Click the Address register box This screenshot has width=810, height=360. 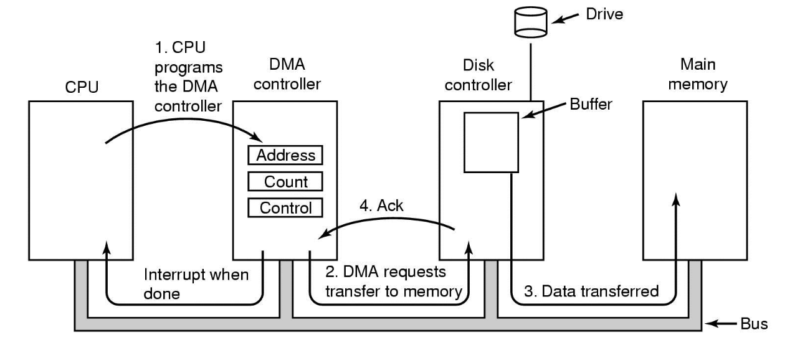tap(286, 155)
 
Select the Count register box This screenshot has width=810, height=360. tap(286, 181)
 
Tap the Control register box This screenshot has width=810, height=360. tap(286, 207)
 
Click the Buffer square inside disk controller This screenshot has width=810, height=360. tap(492, 142)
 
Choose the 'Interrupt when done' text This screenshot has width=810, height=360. tap(196, 283)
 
